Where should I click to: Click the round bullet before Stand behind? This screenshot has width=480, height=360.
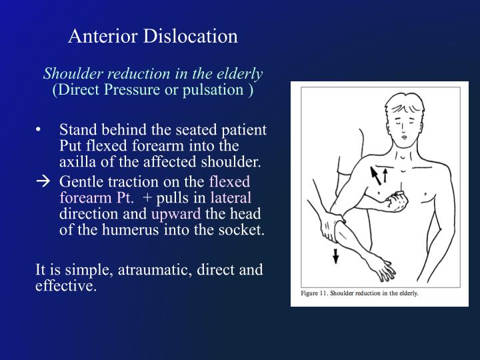pyautogui.click(x=41, y=130)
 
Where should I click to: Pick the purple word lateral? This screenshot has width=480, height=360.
pyautogui.click(x=231, y=198)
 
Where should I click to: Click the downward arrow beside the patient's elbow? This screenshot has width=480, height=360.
pyautogui.click(x=335, y=255)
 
